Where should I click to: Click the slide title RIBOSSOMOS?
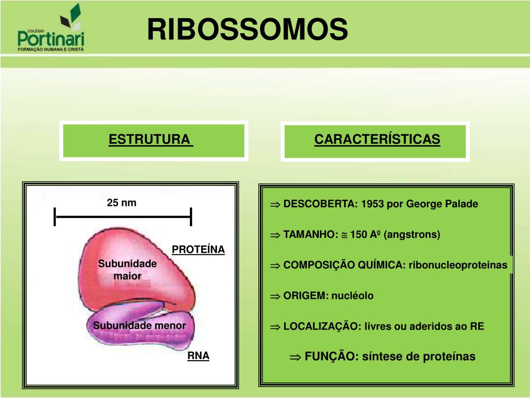click(247, 29)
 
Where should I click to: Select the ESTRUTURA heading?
click(150, 140)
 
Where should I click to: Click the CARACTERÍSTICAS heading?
click(377, 139)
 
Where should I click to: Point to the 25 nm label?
click(122, 203)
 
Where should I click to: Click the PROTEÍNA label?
click(198, 250)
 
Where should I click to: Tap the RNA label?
click(198, 356)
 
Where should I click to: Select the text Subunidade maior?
click(127, 269)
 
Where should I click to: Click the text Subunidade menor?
click(139, 325)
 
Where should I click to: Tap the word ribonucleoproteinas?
click(458, 265)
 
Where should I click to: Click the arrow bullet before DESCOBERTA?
click(275, 204)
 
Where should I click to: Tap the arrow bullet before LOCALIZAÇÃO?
click(275, 327)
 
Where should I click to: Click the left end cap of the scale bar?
click(55, 217)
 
